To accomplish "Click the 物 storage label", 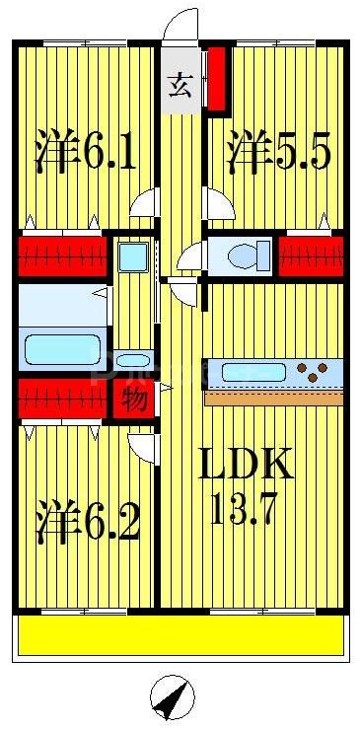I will pos(133,400).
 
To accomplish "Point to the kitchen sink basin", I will pos(254,373).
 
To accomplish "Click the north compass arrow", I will pos(173,699).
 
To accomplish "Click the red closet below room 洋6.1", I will pos(62,256).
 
